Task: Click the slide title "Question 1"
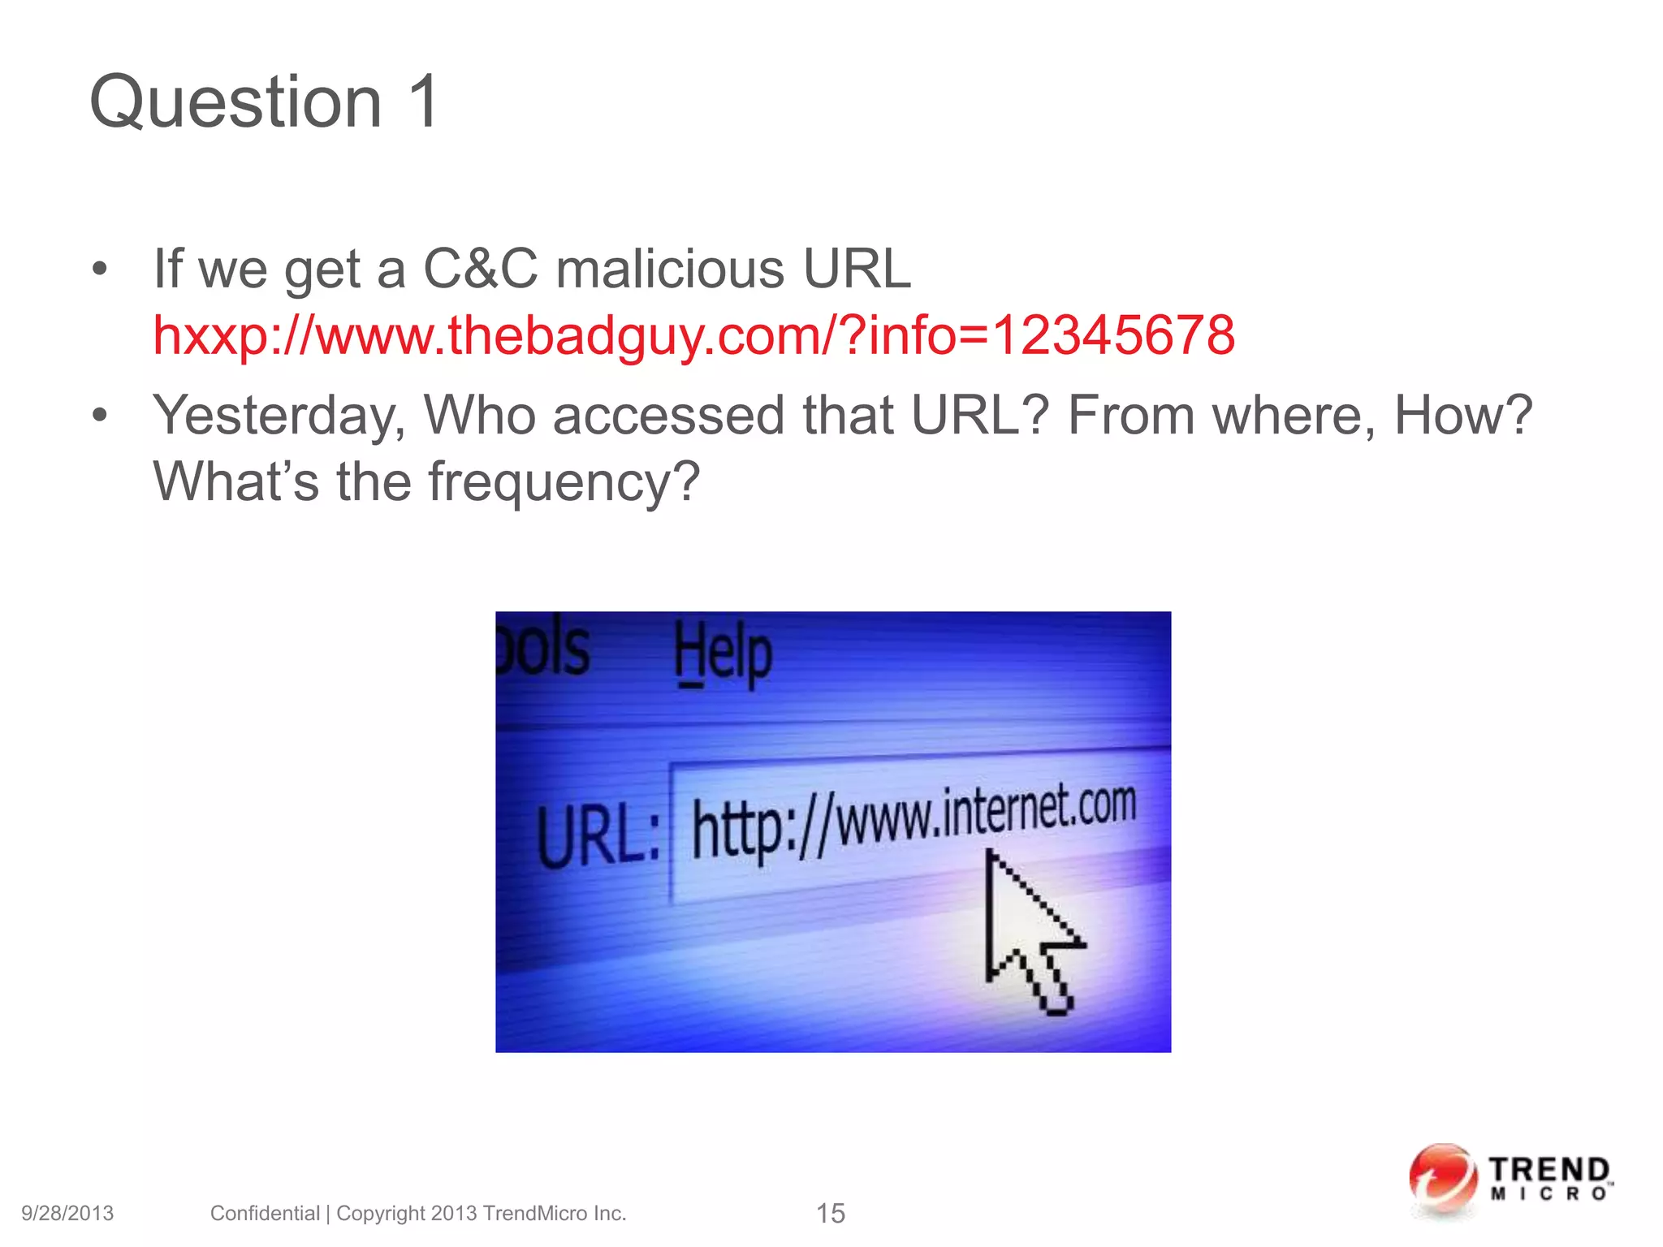tap(265, 101)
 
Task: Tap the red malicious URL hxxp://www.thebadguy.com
tap(693, 335)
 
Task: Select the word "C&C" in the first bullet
tap(480, 269)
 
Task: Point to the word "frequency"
tap(563, 482)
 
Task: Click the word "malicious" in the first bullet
tap(671, 269)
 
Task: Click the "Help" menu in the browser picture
tap(723, 654)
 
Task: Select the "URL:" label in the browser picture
tap(598, 837)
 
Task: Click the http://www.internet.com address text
tap(914, 822)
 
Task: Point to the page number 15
tap(830, 1214)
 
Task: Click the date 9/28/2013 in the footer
tap(67, 1214)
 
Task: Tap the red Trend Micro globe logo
tap(1442, 1180)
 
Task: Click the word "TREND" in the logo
tap(1549, 1171)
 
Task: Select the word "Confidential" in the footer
tap(265, 1214)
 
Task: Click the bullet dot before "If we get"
tap(100, 269)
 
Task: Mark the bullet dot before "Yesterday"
tap(100, 416)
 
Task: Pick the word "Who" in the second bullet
tap(479, 416)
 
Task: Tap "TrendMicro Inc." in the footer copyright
tap(555, 1214)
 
